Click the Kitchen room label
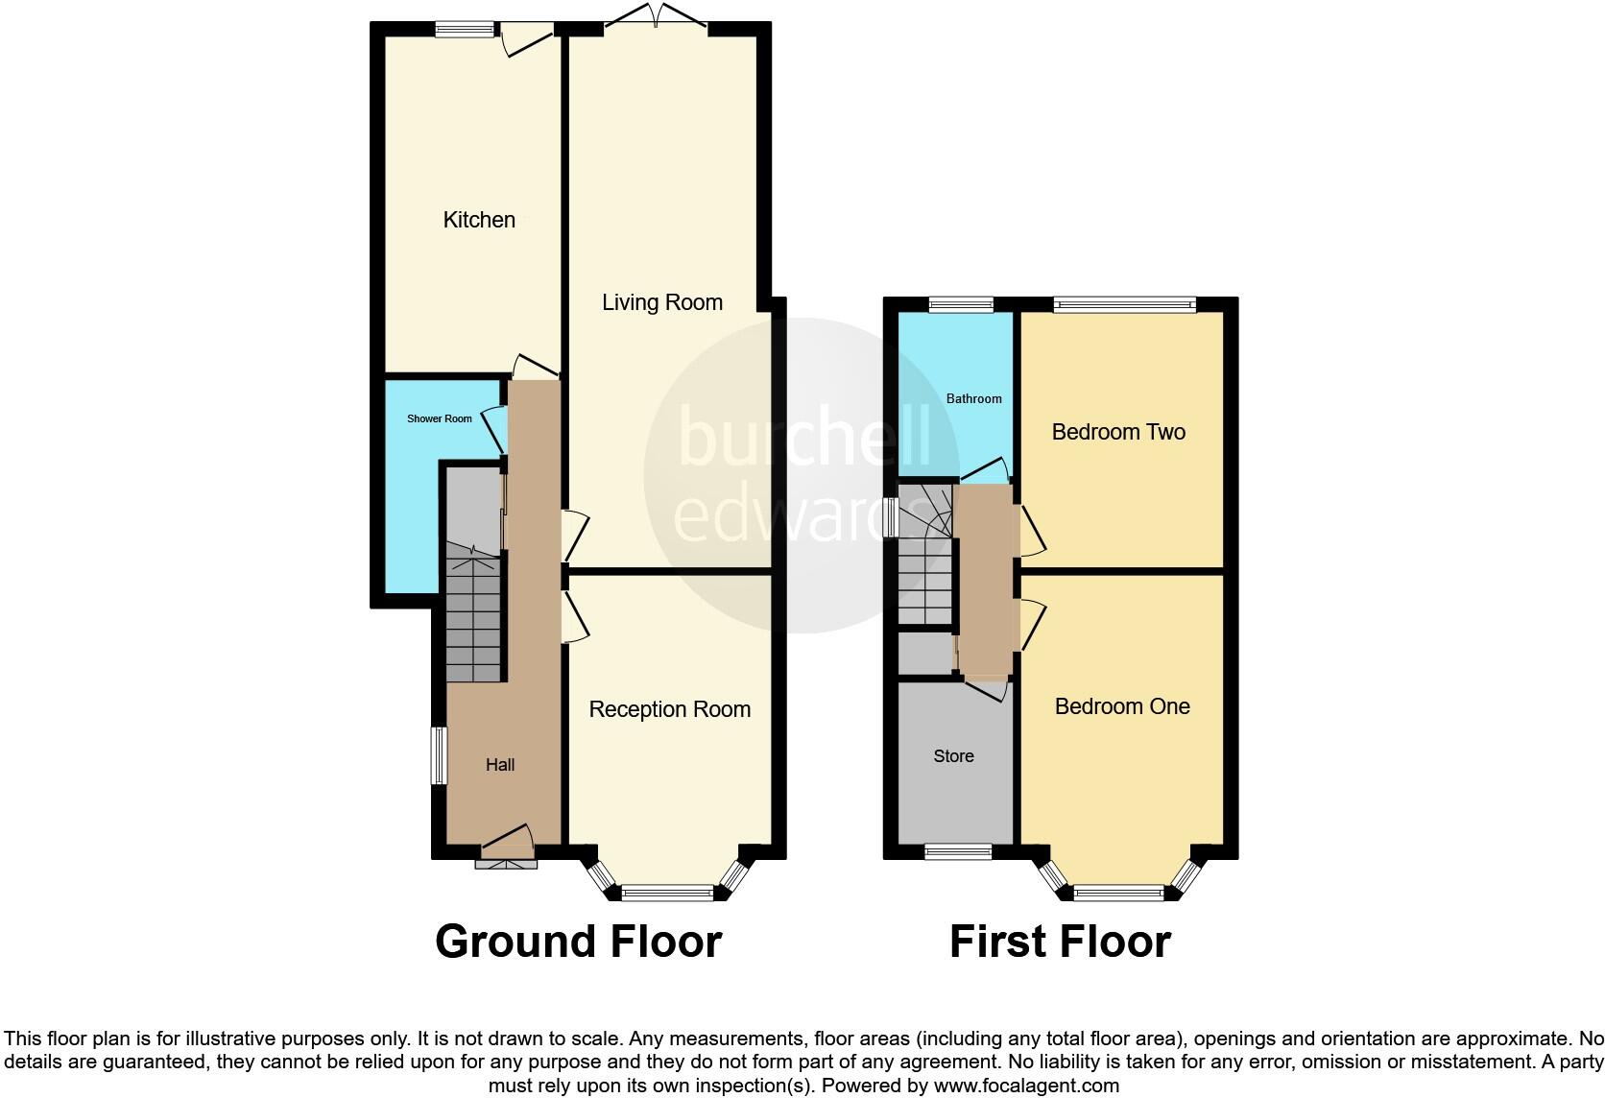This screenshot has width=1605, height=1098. (479, 220)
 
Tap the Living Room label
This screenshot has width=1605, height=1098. (662, 302)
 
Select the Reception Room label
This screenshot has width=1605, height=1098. (669, 709)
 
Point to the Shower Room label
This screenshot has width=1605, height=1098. (440, 418)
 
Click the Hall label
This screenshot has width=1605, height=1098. (500, 765)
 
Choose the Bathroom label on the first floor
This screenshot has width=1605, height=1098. (973, 398)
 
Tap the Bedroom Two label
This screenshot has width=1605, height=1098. (1118, 432)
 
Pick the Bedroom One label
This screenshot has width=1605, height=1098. (1122, 706)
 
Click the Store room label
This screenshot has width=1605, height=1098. (953, 756)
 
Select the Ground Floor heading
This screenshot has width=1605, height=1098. (578, 942)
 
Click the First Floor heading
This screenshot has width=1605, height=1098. (1060, 942)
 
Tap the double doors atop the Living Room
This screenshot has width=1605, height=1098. (657, 17)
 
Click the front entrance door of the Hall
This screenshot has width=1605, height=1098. (507, 845)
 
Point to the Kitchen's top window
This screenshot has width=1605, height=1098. (465, 30)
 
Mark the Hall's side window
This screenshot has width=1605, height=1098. (438, 755)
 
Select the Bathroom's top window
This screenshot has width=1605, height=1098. (961, 305)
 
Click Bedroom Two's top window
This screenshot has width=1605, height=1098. (1124, 305)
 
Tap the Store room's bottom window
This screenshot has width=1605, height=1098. (958, 851)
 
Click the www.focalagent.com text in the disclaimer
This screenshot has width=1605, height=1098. (1026, 1086)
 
